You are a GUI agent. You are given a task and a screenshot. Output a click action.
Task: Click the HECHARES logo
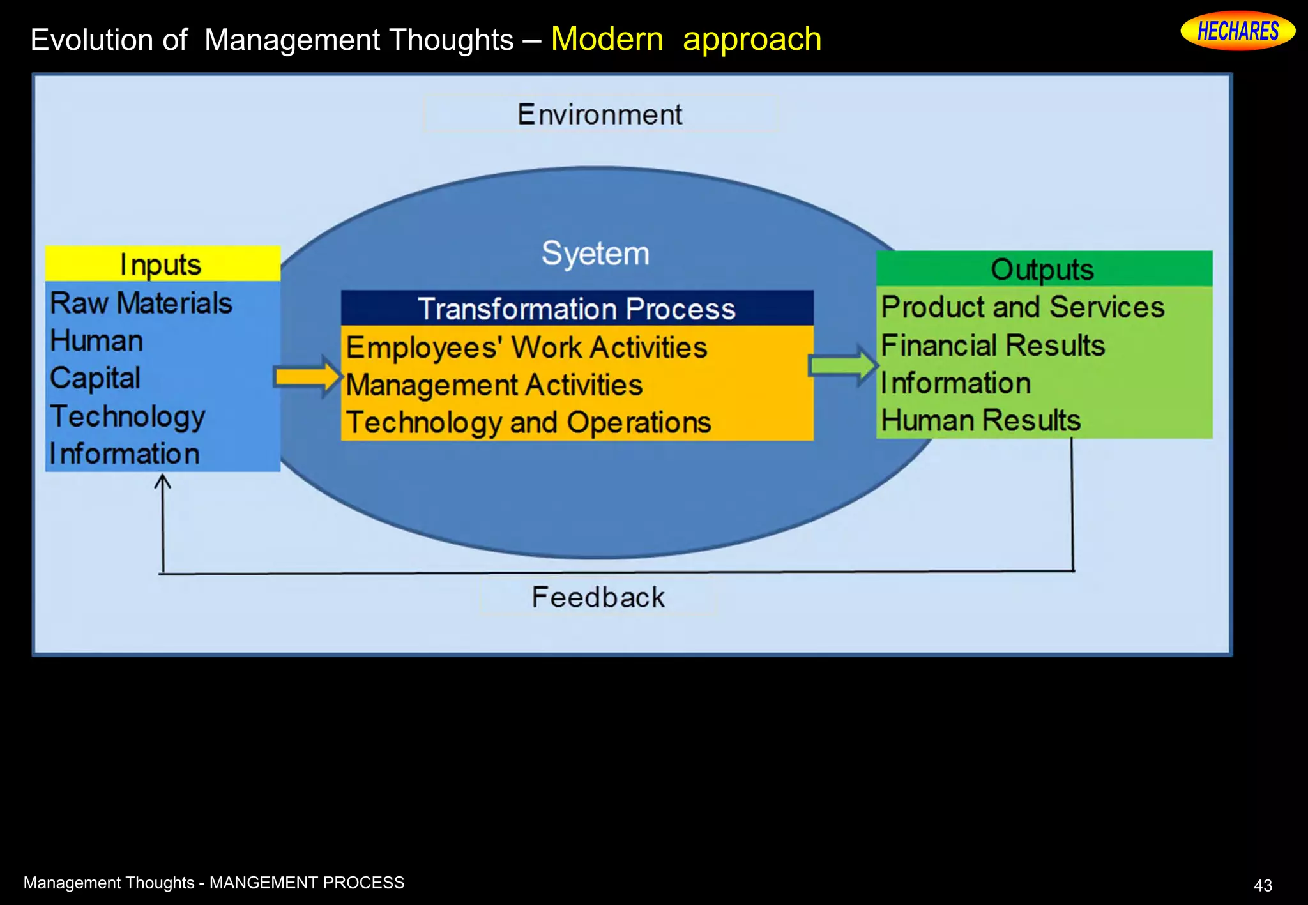[x=1237, y=31]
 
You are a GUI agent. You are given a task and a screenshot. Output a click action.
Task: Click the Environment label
[x=600, y=114]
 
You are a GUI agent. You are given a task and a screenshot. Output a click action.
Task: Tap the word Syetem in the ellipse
[x=595, y=253]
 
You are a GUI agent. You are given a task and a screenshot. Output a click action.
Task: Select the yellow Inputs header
[x=162, y=264]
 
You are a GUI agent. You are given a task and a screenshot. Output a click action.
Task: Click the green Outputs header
[x=1043, y=269]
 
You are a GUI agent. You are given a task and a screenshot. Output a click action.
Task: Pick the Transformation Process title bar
[x=577, y=308]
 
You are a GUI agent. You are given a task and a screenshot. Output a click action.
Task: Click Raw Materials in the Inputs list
[x=141, y=303]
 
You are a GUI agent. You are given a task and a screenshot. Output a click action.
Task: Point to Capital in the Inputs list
[x=95, y=378]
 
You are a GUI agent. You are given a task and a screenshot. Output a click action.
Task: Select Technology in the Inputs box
[x=128, y=416]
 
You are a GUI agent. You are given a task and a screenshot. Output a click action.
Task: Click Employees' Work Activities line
[x=526, y=348]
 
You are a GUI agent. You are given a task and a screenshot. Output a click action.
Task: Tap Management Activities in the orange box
[x=494, y=385]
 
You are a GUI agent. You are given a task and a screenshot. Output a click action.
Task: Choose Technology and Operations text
[x=528, y=423]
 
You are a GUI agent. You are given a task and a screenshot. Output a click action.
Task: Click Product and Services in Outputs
[x=1023, y=307]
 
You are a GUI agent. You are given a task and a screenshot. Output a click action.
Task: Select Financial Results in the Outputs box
[x=992, y=346]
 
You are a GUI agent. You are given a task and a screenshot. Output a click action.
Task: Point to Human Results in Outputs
[x=980, y=421]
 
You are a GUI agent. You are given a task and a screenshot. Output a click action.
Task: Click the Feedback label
[x=598, y=598]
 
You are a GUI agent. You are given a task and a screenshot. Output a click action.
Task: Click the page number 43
[x=1263, y=885]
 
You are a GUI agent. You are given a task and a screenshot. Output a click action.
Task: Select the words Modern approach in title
[x=686, y=39]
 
